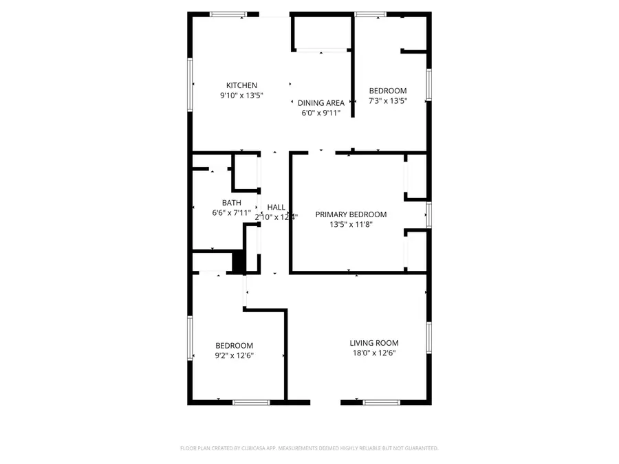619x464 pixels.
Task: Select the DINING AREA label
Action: pyautogui.click(x=321, y=103)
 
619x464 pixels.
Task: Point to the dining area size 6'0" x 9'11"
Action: pyautogui.click(x=321, y=113)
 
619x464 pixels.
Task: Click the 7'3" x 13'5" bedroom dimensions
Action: pyautogui.click(x=388, y=101)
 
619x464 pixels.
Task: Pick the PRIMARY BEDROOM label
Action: pyautogui.click(x=351, y=214)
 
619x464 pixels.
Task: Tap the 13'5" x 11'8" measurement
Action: pyautogui.click(x=351, y=225)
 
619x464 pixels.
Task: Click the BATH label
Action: pyautogui.click(x=231, y=203)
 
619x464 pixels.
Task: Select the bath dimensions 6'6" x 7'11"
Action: pyautogui.click(x=231, y=213)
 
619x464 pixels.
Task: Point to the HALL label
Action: pyautogui.click(x=276, y=207)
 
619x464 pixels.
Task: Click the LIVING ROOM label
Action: pyautogui.click(x=373, y=343)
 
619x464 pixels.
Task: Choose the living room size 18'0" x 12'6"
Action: pyautogui.click(x=373, y=353)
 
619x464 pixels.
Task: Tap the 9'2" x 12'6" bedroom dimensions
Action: pyautogui.click(x=234, y=355)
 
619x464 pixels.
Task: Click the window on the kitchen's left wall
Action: pyautogui.click(x=191, y=85)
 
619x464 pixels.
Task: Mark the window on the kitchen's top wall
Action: pyautogui.click(x=229, y=14)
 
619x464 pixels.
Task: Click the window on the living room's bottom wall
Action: pyautogui.click(x=381, y=402)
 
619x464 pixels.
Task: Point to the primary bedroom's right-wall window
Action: pyautogui.click(x=428, y=215)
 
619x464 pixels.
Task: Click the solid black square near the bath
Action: pyautogui.click(x=239, y=262)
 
